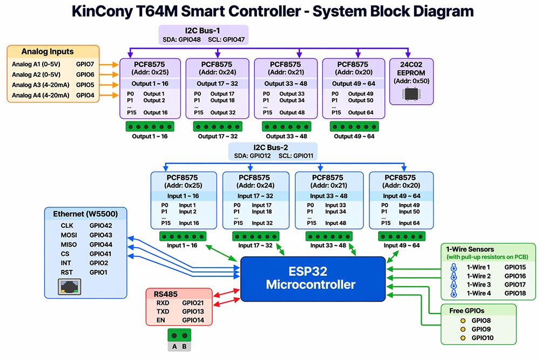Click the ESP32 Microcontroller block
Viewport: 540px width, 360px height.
click(x=313, y=278)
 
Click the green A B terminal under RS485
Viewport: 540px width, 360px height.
click(x=179, y=341)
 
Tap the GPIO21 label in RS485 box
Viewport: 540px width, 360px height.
click(x=193, y=303)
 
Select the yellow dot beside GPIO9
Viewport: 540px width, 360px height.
click(x=463, y=329)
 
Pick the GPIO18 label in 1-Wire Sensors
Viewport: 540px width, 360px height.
click(x=515, y=293)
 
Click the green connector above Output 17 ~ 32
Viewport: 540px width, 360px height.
click(x=217, y=126)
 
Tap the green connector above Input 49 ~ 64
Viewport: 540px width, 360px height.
click(x=401, y=236)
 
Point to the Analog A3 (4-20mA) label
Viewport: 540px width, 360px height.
click(x=40, y=85)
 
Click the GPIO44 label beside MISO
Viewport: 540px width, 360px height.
click(x=101, y=244)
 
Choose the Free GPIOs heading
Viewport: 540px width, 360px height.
click(x=468, y=311)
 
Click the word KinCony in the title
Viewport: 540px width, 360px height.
click(x=101, y=11)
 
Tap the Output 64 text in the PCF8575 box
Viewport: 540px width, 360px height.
click(x=361, y=113)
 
